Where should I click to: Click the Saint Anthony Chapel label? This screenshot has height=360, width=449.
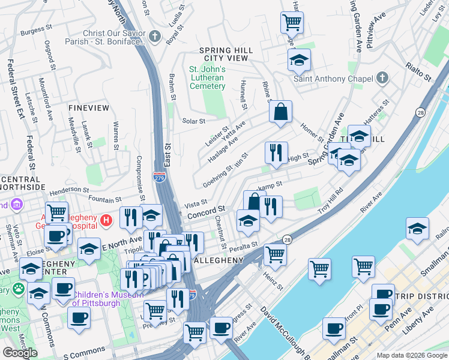point(333,79)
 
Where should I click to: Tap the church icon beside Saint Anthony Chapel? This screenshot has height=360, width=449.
point(382,78)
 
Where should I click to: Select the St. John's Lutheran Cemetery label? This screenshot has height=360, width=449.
point(208,77)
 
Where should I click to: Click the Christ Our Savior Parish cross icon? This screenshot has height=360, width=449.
point(155,37)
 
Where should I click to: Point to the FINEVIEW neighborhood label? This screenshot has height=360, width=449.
point(89,108)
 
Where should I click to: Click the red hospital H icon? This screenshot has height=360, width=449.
point(107,220)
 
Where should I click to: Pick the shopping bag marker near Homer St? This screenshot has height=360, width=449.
point(280,112)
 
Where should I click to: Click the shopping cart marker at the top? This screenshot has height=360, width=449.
point(292,23)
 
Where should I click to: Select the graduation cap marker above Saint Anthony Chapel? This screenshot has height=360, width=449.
point(299,60)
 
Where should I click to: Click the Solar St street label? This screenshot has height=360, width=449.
point(194,121)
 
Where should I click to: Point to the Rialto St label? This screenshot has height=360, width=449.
point(419,71)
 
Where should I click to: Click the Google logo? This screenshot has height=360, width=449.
point(20,353)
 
